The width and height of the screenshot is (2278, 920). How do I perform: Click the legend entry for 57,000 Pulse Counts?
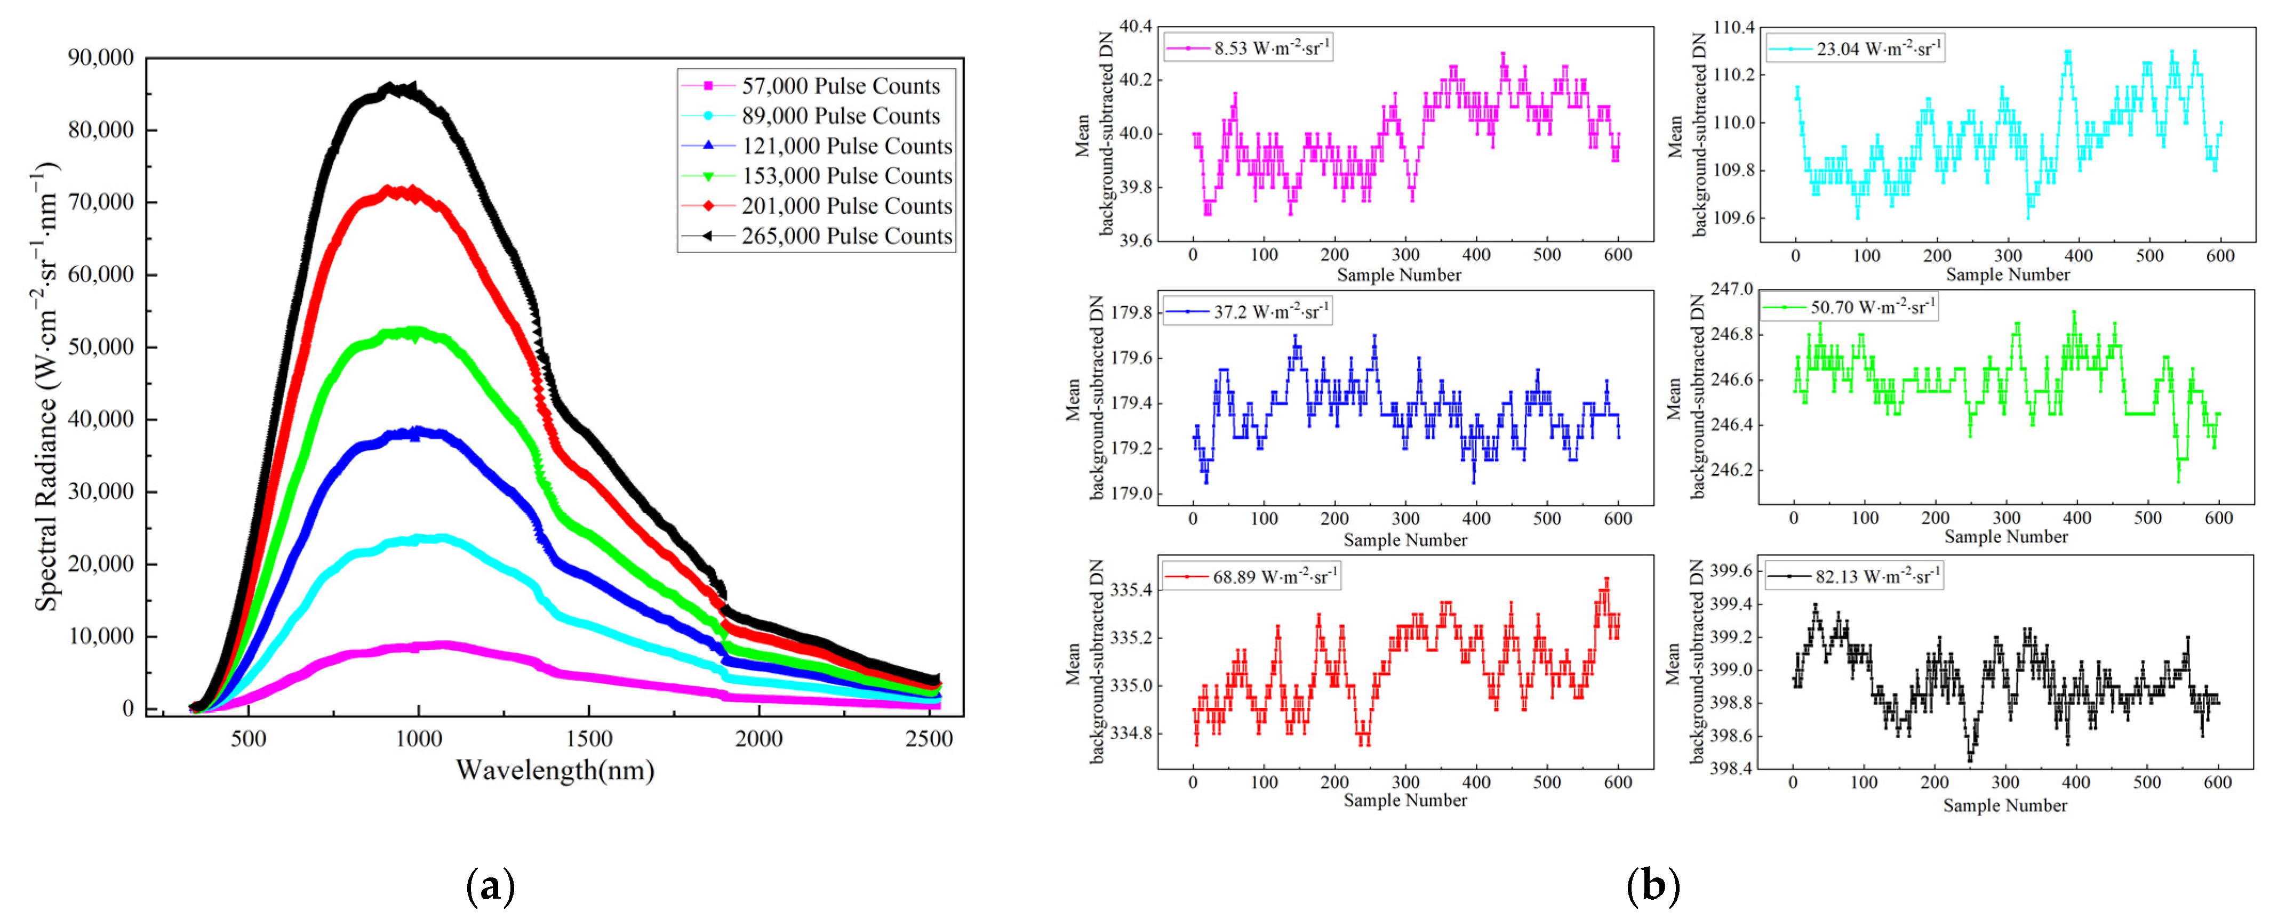click(x=840, y=86)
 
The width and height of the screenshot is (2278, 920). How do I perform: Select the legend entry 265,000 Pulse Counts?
click(x=846, y=236)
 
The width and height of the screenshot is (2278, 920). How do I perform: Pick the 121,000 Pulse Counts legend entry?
click(x=846, y=146)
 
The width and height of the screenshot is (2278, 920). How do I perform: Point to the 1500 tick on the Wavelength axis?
click(x=588, y=739)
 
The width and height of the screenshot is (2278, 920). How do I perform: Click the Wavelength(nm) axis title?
click(x=555, y=771)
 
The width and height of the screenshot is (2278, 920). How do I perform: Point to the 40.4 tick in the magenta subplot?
click(x=1136, y=27)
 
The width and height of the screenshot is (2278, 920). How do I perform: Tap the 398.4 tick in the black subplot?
click(x=1731, y=769)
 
